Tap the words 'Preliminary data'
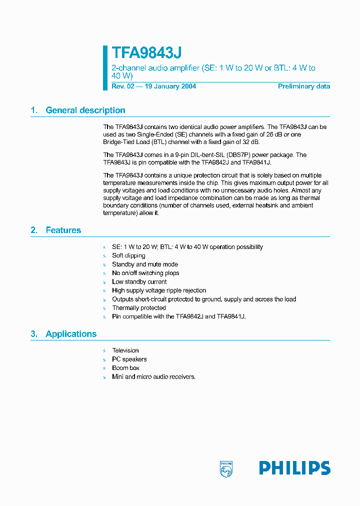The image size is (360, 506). pos(304,86)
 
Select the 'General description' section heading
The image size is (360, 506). pos(85,110)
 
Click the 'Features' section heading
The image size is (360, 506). pos(63,230)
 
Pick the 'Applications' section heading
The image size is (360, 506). pos(71,334)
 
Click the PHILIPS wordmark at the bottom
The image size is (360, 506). pos(294,468)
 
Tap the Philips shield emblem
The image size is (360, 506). pos(226,468)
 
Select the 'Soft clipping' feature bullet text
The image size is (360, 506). pos(128,255)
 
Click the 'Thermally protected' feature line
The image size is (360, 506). pos(138,308)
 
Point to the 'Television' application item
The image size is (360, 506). pos(125,350)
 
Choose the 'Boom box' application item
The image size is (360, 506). pos(125,368)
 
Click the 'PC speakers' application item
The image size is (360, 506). pos(129,359)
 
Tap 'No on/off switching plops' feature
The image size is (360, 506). pos(145,273)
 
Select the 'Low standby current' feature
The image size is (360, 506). pos(139,281)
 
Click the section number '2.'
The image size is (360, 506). pos(34,230)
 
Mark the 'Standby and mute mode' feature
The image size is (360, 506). pos(145,264)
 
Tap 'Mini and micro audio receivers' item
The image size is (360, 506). pos(153,376)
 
